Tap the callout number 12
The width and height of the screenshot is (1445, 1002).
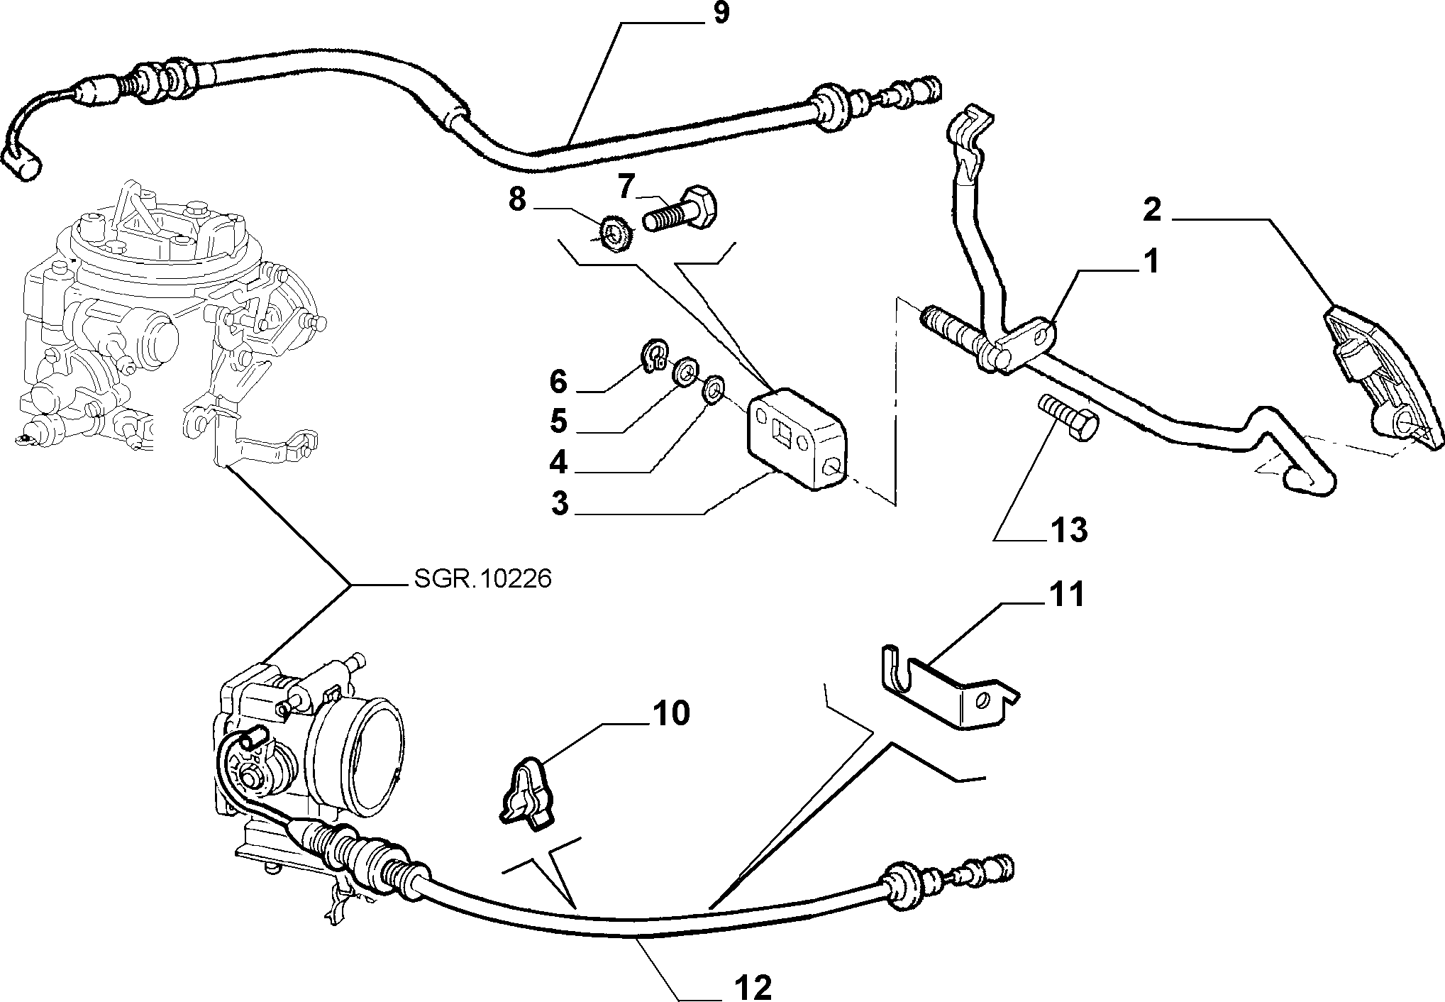pos(753,987)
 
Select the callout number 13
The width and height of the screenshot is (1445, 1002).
pos(1068,529)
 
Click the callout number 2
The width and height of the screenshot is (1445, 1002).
pos(1151,211)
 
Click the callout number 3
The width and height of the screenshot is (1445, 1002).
pos(560,504)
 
